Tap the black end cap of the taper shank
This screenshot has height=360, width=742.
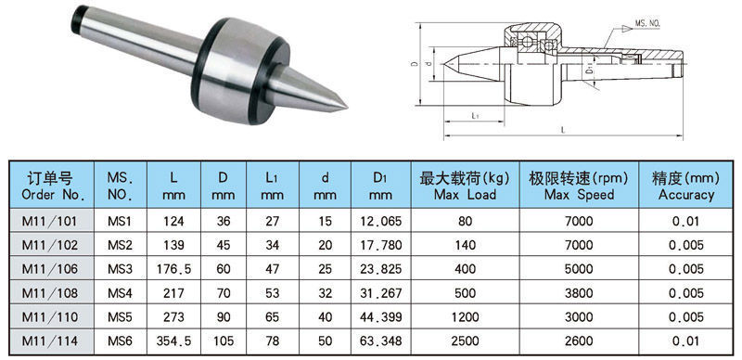coord(79,19)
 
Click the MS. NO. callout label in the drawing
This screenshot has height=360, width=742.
coord(647,23)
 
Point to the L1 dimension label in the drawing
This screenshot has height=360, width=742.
coord(477,116)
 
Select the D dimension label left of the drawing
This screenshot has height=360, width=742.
coord(415,63)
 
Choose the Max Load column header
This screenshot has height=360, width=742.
coord(466,186)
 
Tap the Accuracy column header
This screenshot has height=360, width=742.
coord(685,186)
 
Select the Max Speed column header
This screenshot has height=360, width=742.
coord(579,186)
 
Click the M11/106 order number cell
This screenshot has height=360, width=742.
coord(50,269)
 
